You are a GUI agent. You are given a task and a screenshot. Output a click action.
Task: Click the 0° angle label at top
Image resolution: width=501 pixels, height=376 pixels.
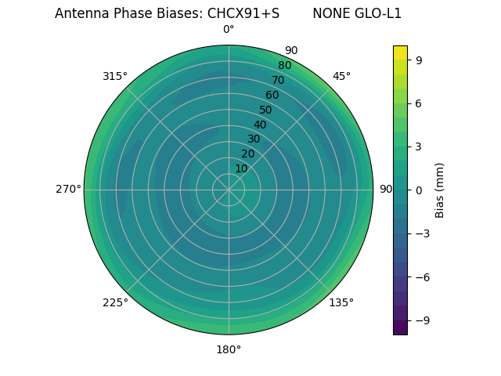pyautogui.click(x=229, y=30)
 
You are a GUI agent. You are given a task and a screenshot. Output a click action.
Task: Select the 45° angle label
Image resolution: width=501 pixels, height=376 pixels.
pyautogui.click(x=341, y=76)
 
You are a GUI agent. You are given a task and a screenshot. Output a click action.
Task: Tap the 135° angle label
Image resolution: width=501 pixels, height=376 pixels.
pyautogui.click(x=341, y=302)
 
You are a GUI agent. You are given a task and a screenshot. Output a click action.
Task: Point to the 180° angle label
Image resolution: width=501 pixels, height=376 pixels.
pyautogui.click(x=229, y=349)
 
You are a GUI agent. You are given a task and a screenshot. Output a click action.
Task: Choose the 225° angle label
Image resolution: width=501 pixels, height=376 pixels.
pyautogui.click(x=115, y=302)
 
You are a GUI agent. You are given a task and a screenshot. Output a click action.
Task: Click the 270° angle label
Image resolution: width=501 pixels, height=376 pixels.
pyautogui.click(x=68, y=190)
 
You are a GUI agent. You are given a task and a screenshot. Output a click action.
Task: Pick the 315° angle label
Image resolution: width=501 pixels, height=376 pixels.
pyautogui.click(x=115, y=76)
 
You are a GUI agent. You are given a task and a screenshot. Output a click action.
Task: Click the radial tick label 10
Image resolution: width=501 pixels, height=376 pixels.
pyautogui.click(x=241, y=168)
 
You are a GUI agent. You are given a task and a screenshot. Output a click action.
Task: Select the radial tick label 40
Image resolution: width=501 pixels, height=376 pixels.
pyautogui.click(x=260, y=125)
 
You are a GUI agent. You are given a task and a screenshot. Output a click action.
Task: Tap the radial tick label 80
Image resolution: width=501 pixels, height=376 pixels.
pyautogui.click(x=284, y=66)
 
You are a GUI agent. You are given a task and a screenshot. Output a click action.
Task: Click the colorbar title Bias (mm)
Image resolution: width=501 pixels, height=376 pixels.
pyautogui.click(x=440, y=190)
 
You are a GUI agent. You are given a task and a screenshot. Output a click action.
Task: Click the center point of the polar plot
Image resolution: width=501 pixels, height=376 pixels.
pyautogui.click(x=229, y=190)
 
